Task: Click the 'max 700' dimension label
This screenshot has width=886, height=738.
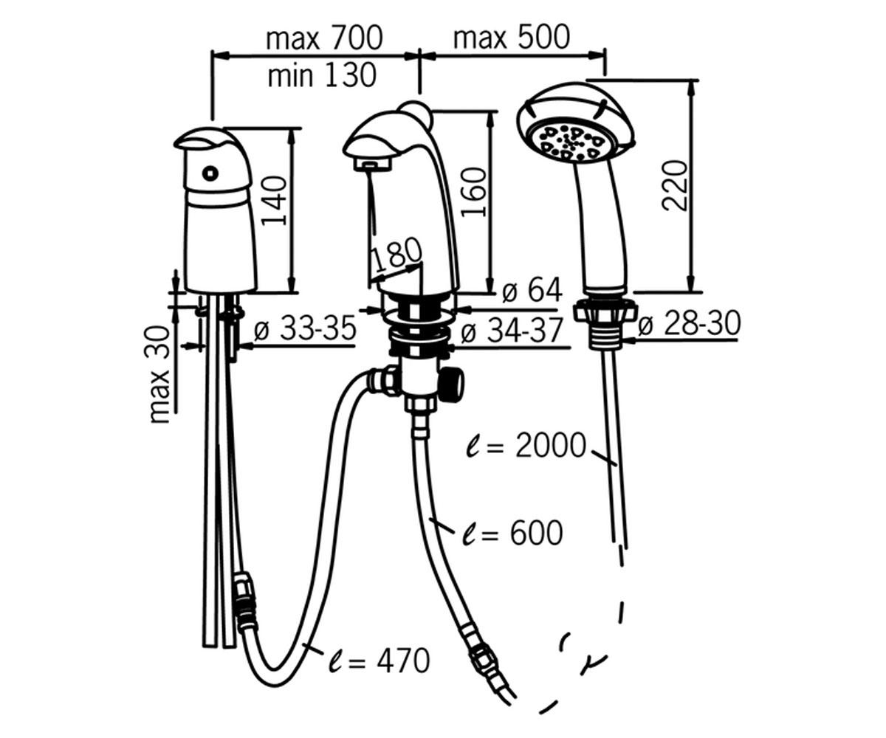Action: pyautogui.click(x=324, y=38)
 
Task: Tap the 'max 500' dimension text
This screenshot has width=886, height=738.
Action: pyautogui.click(x=512, y=37)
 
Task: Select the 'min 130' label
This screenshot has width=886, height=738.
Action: pyautogui.click(x=322, y=75)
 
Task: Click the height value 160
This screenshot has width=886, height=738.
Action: pyautogui.click(x=473, y=192)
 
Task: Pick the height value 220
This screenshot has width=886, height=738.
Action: pyautogui.click(x=674, y=185)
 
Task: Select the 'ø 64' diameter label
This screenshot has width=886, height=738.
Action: pyautogui.click(x=532, y=290)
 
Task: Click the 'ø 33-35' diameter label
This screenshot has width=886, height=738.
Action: pyautogui.click(x=305, y=328)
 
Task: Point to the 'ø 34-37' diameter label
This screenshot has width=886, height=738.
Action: pyautogui.click(x=512, y=330)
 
